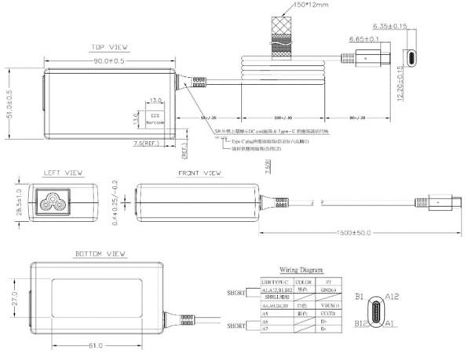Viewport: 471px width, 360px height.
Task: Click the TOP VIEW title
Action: (x=110, y=47)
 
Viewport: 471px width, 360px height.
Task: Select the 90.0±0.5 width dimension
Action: (x=110, y=60)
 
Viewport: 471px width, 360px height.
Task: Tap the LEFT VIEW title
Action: (x=64, y=173)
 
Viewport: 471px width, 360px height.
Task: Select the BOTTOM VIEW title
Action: (x=100, y=254)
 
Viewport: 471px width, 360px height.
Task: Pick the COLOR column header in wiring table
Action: (x=303, y=280)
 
